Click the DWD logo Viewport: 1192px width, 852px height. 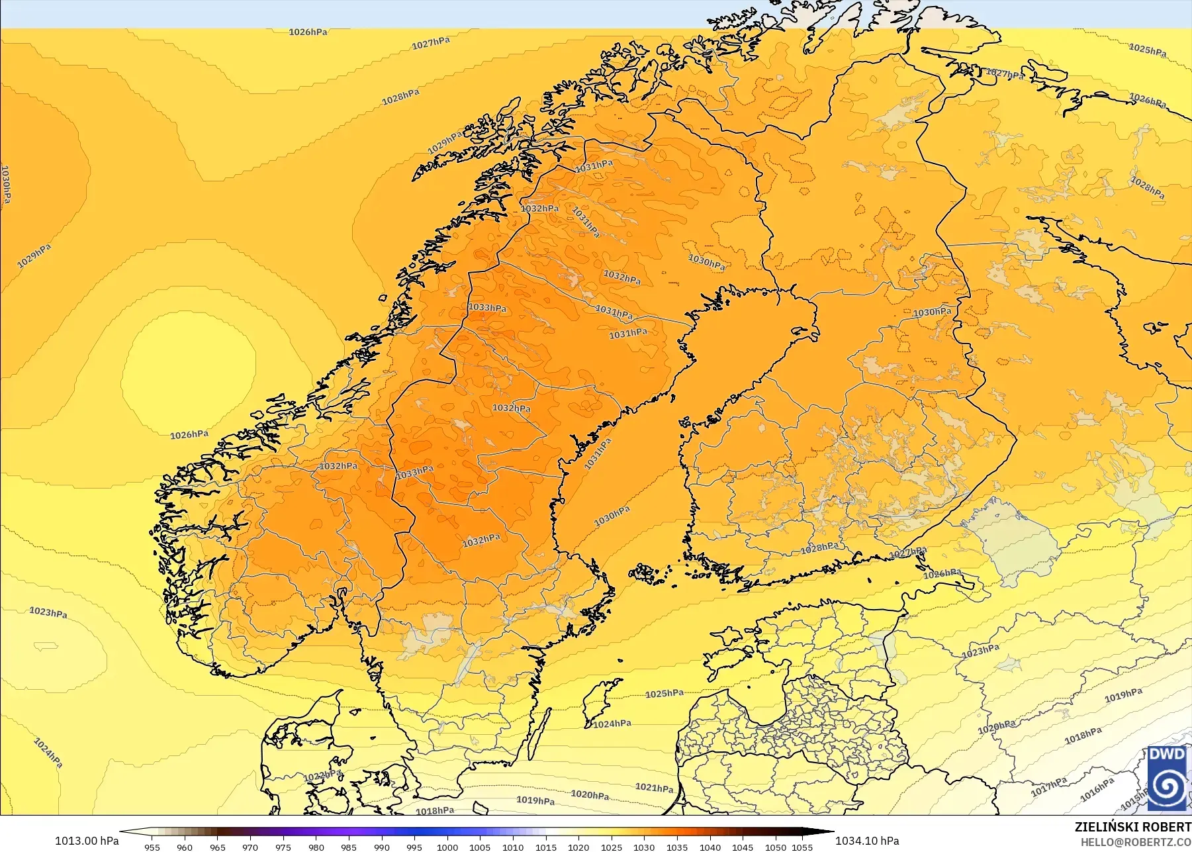coord(1168,778)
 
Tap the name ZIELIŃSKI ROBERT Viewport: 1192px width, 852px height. coord(1132,827)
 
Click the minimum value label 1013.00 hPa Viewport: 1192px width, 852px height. coord(87,841)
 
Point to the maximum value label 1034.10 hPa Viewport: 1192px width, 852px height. coord(867,841)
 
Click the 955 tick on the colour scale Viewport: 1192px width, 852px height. coord(152,847)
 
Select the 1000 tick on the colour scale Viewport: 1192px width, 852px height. coord(447,847)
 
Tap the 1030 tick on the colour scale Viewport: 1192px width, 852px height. coord(644,847)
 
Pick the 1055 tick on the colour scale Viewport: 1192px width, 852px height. coord(802,847)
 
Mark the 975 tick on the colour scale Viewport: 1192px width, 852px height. coord(283,847)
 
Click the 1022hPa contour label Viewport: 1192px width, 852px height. coord(323,775)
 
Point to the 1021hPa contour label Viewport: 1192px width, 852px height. coord(655,787)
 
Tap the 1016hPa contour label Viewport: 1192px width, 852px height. coord(1097,789)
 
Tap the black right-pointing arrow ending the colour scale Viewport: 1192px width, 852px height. coord(823,832)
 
